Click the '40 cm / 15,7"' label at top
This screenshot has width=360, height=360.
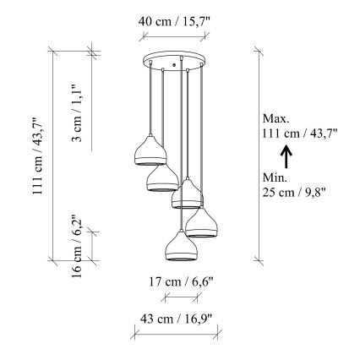175,23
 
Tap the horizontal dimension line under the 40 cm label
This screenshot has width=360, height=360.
175,37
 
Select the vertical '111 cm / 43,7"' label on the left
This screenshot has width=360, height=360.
36,157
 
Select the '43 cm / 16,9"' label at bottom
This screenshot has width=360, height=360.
175,318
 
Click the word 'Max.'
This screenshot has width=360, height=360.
276,118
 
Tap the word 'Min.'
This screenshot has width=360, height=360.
275,178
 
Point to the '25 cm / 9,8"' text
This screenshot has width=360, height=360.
295,193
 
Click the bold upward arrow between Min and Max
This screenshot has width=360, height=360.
286,155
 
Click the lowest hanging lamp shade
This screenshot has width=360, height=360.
179,246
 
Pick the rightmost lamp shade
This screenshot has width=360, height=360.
202,223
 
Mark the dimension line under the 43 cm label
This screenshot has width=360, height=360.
175,334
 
